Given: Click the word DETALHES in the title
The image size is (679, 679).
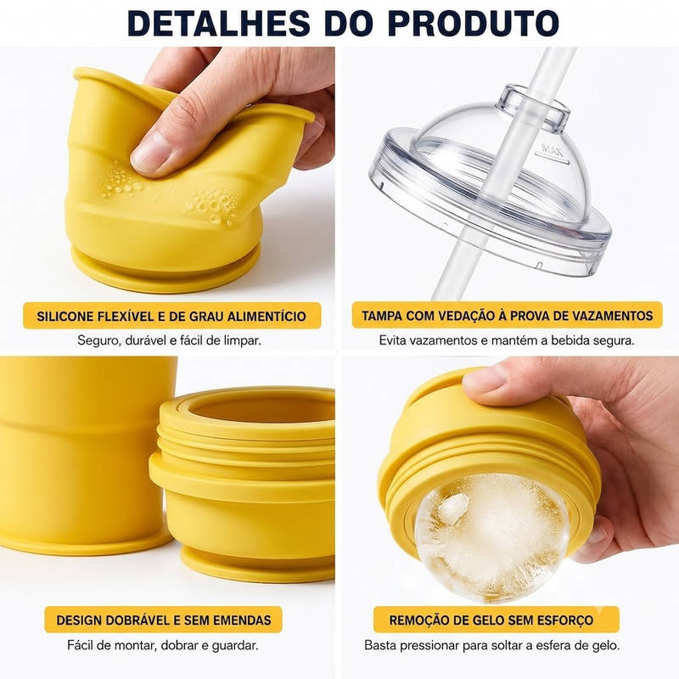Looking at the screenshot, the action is coord(219,22).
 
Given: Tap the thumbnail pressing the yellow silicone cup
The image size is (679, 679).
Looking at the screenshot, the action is coord(149,153).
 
